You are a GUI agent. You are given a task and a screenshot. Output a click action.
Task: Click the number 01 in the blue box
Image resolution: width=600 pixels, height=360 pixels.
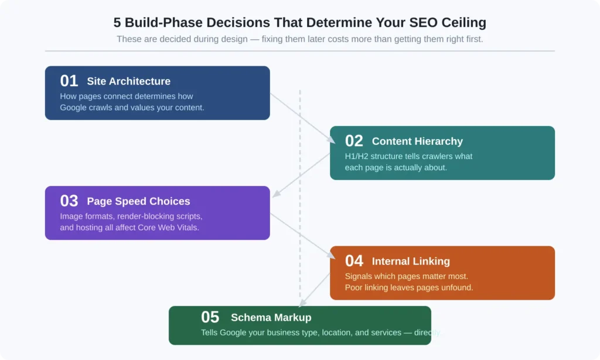tap(69, 81)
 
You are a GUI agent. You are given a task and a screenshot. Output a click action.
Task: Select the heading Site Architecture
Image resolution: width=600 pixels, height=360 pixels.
tap(129, 81)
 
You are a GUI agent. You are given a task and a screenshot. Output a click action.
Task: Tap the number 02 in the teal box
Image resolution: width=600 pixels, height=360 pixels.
tap(354, 141)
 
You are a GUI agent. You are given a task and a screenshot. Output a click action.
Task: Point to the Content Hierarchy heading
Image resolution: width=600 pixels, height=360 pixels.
tap(417, 141)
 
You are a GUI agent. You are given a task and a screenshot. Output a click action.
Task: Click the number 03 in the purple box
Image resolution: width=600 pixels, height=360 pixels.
tap(69, 201)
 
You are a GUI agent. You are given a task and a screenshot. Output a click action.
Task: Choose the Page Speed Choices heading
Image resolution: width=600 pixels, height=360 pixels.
tap(138, 202)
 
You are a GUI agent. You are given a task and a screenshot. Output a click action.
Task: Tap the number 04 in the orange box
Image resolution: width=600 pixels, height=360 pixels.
tap(354, 261)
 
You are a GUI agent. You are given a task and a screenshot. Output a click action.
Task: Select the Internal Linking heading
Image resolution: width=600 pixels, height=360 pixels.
tap(411, 261)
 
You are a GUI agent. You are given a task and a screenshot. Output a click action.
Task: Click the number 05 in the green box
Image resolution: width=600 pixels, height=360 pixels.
tap(210, 317)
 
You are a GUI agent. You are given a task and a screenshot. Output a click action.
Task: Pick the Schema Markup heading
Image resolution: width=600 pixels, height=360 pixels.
tap(271, 318)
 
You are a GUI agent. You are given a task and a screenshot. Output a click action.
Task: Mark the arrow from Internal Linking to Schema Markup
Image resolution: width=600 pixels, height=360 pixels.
tap(315, 288)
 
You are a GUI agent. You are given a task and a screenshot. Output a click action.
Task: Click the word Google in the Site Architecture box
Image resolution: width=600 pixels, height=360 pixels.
tap(73, 108)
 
